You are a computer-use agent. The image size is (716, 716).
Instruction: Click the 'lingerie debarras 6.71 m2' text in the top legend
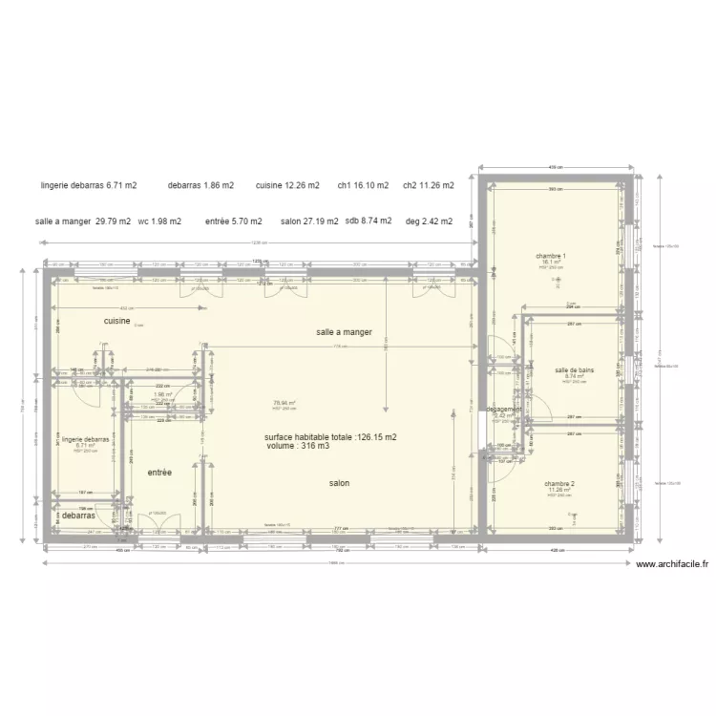pyautogui.click(x=89, y=185)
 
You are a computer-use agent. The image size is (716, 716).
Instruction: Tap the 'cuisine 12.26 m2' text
pyautogui.click(x=287, y=185)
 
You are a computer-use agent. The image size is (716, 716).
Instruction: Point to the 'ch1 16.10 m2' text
pyautogui.click(x=364, y=185)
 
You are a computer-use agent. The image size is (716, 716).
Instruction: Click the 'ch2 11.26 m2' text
pyautogui.click(x=428, y=185)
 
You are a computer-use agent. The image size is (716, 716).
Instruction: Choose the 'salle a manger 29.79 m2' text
pyautogui.click(x=83, y=221)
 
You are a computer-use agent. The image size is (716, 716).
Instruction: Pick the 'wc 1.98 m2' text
pyautogui.click(x=159, y=221)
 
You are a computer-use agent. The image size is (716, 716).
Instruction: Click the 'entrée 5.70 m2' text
pyautogui.click(x=233, y=221)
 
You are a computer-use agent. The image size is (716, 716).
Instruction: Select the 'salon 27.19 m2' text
pyautogui.click(x=309, y=221)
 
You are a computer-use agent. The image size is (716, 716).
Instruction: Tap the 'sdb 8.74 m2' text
pyautogui.click(x=369, y=221)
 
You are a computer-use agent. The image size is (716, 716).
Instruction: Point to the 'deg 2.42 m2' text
pyautogui.click(x=429, y=221)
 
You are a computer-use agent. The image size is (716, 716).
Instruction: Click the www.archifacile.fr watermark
pyautogui.click(x=672, y=564)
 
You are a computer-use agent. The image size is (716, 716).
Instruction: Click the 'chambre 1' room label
pyautogui.click(x=551, y=256)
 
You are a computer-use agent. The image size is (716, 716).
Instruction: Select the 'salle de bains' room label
pyautogui.click(x=574, y=369)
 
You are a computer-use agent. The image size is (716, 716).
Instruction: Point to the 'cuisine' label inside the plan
pyautogui.click(x=117, y=322)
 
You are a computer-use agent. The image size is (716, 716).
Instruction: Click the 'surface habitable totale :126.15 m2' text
pyautogui.click(x=331, y=437)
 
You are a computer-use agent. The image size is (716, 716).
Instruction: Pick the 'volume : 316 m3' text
pyautogui.click(x=298, y=446)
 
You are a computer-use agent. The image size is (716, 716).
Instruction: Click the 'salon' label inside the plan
pyautogui.click(x=339, y=483)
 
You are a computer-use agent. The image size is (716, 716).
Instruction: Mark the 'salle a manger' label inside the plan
pyautogui.click(x=344, y=332)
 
